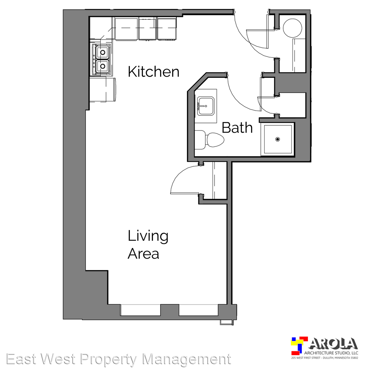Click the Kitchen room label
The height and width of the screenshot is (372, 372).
154,72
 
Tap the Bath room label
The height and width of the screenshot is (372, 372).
237,128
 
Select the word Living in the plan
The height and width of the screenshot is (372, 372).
148,236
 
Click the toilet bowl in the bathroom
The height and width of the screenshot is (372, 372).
215,140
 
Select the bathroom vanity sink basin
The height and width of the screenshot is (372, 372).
206,106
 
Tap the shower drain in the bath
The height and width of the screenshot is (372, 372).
278,139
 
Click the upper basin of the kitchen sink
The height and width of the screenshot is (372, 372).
103,52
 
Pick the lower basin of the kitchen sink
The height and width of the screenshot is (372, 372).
103,66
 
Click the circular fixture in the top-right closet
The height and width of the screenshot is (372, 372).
292,28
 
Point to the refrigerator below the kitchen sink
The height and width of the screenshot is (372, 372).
103,90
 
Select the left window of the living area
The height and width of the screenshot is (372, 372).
141,310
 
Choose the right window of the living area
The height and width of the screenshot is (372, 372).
198,310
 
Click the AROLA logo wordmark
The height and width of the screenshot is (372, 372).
333,344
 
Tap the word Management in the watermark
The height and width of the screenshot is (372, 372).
187,359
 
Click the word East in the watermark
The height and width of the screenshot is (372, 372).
22,359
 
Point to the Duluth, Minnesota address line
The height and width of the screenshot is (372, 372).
324,358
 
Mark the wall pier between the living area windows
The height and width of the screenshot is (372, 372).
169,310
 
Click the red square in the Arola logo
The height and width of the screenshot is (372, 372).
304,340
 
